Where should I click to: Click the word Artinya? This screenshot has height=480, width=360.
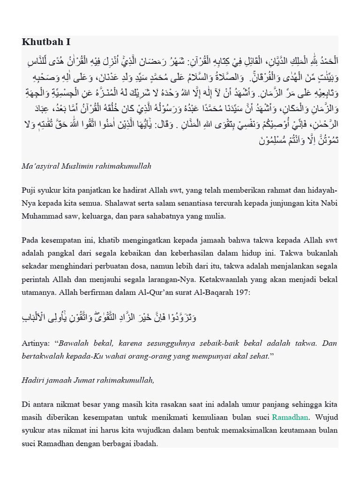pos(35,343)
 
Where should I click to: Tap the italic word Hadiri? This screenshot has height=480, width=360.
pos(33,380)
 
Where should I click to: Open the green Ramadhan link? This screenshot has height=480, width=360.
pos(290,417)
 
